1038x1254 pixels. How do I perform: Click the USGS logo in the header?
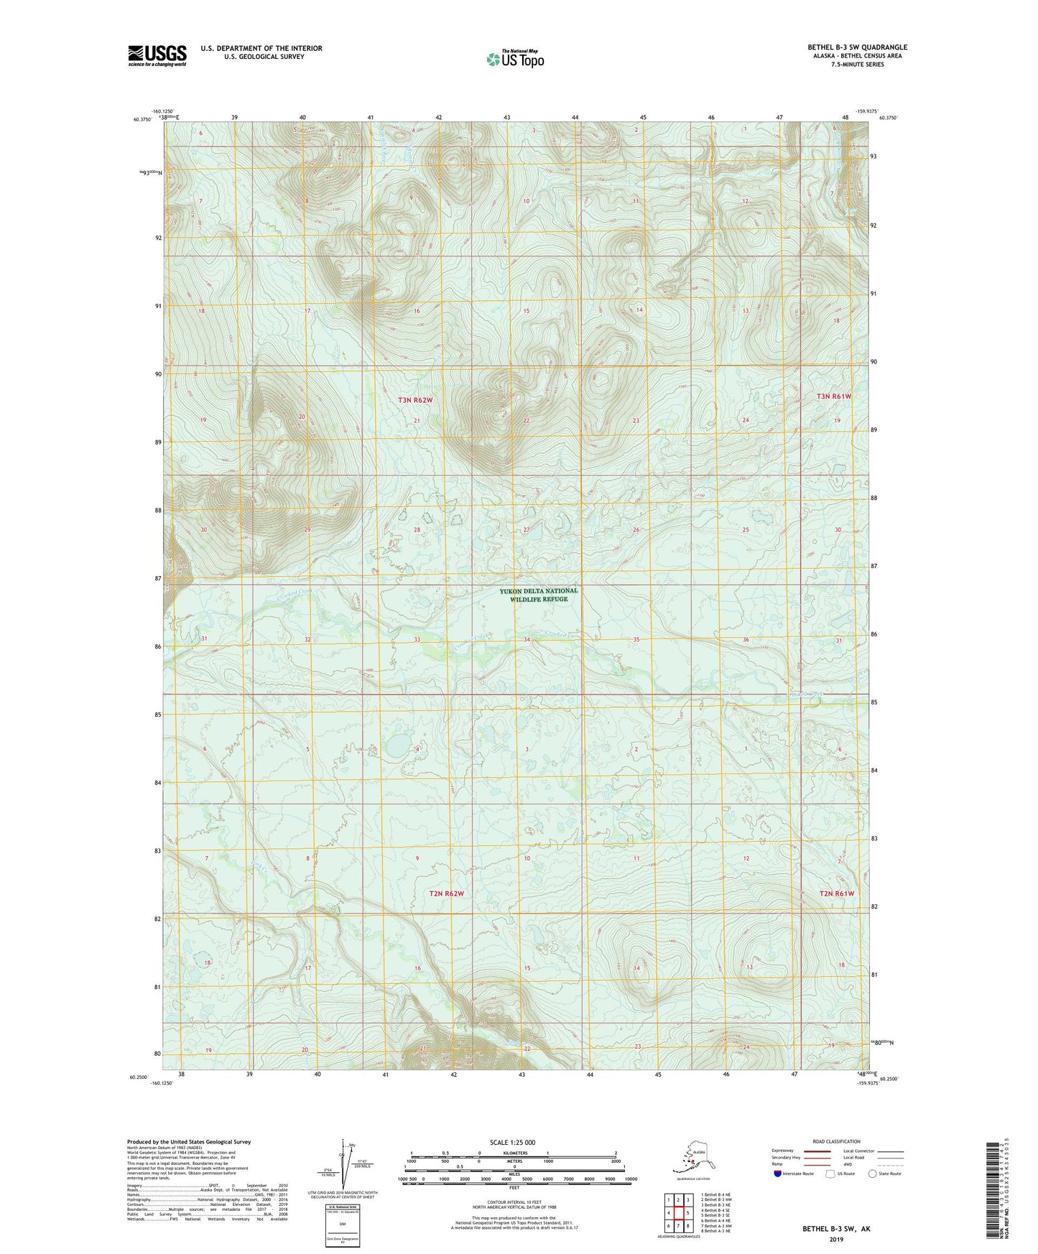click(157, 55)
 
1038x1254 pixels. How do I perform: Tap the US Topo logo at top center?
click(514, 59)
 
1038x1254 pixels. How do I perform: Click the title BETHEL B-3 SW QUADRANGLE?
click(856, 47)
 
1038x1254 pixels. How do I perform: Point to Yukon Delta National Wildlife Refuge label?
click(539, 595)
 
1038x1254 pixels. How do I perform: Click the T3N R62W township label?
click(415, 399)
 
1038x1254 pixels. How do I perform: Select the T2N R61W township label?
click(836, 893)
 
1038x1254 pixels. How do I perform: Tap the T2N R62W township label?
click(446, 893)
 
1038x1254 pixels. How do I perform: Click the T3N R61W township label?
click(833, 396)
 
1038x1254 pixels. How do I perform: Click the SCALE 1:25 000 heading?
click(513, 1142)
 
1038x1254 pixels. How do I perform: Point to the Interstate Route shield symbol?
click(778, 1174)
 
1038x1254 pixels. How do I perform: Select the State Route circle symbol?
click(873, 1174)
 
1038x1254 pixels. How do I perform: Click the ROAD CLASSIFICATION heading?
click(836, 1141)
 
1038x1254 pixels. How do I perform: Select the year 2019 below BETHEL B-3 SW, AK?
click(836, 1240)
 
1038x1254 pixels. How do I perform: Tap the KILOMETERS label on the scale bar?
click(513, 1153)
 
